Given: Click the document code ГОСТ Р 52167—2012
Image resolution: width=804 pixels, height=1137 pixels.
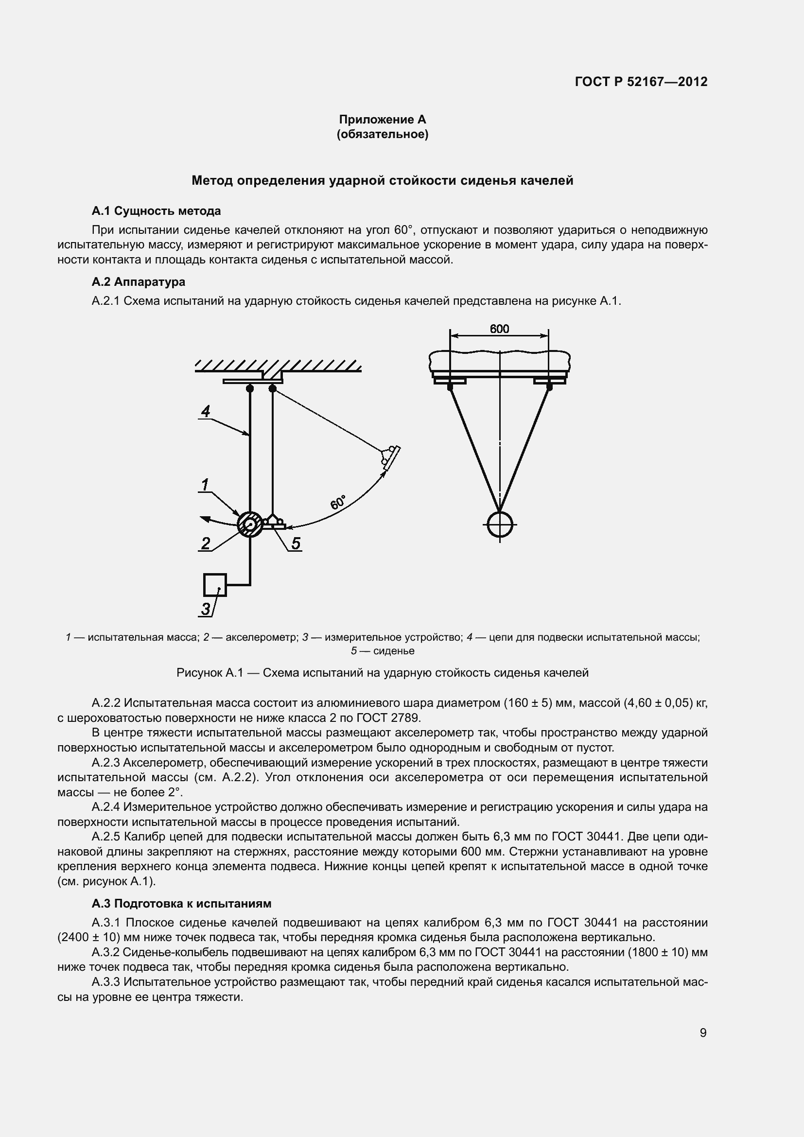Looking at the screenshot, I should point(641,82).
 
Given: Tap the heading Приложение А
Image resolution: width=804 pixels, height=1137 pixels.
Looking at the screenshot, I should point(382,120).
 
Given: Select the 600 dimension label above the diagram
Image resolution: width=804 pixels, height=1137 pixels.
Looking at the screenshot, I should point(499,329).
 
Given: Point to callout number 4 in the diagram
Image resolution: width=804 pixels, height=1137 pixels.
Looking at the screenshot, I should point(205,411).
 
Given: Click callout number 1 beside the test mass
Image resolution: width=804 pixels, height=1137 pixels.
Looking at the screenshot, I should point(205,484).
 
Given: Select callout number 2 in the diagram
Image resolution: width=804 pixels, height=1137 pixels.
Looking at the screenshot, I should point(206,543).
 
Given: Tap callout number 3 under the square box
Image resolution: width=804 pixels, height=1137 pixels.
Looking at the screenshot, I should point(206,609).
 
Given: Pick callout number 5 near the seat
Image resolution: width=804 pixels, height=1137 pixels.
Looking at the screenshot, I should point(296,543).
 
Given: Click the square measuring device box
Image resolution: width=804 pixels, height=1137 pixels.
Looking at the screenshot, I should point(215,585).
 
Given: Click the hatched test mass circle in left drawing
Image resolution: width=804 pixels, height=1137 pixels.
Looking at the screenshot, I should point(249,524).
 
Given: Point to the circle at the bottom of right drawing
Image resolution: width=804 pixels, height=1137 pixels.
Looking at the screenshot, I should point(500,524).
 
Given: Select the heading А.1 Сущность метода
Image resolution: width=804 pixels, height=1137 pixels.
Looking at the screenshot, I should point(156,211).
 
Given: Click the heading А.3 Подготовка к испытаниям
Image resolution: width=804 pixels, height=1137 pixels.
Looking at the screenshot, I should point(181,903).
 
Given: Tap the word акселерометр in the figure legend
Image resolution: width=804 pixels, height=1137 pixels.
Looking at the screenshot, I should point(262,637).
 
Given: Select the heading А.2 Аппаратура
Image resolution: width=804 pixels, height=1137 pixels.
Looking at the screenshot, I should point(138,282).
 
